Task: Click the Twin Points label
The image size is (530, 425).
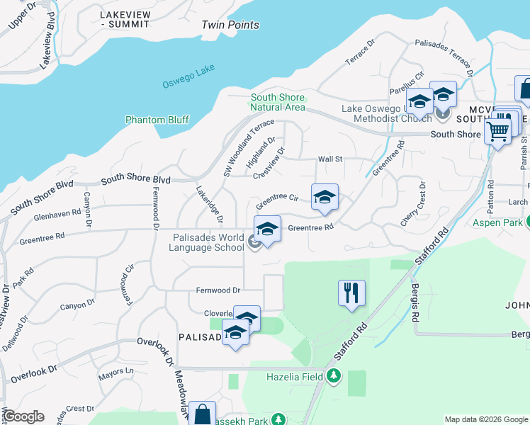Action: coord(230,25)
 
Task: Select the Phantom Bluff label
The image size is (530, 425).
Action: coord(157,120)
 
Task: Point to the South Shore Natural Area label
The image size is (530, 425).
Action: coord(277,102)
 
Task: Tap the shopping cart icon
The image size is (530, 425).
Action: coord(497,130)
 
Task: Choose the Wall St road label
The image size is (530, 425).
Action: coord(330,159)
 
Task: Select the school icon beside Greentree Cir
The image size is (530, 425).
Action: coord(325,197)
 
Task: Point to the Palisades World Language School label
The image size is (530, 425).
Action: coord(209,243)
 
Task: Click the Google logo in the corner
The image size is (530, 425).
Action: coord(23,416)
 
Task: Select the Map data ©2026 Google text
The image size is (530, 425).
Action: coord(486,419)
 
